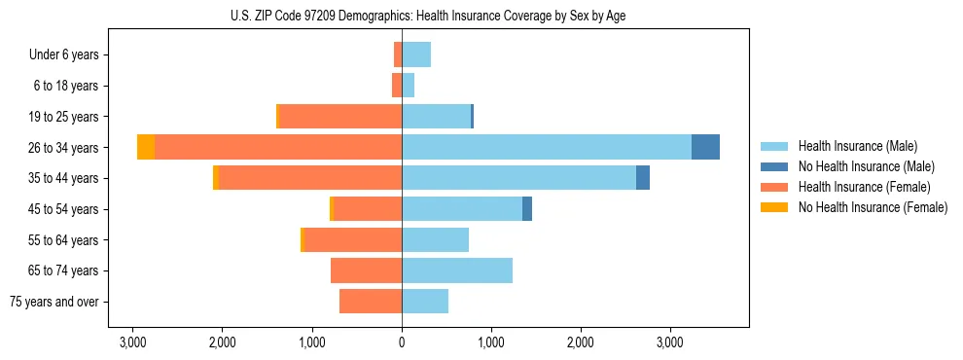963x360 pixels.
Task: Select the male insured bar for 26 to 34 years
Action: pos(546,147)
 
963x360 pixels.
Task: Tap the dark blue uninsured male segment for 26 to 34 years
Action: pos(705,147)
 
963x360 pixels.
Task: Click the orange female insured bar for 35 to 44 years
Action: pos(309,178)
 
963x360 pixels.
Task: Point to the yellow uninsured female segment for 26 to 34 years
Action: pos(146,147)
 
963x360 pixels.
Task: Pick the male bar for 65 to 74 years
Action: pos(457,270)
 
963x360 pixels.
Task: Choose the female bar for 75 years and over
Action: pos(371,302)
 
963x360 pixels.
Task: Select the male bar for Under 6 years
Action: pos(416,54)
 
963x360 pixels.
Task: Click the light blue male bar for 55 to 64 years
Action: pos(435,239)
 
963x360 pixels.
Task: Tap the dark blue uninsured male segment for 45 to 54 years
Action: pos(527,209)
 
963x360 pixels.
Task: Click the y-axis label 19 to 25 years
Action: pos(65,117)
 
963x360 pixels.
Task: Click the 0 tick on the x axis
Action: pos(402,342)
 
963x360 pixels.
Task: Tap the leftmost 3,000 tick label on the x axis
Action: pos(132,342)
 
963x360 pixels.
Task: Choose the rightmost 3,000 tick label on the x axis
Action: pos(670,342)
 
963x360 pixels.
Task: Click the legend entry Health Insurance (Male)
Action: pos(857,146)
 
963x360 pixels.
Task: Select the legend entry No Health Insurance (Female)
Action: pos(873,207)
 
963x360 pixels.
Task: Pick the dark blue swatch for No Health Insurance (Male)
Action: pos(774,166)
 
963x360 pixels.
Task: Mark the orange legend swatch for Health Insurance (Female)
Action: pos(774,187)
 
